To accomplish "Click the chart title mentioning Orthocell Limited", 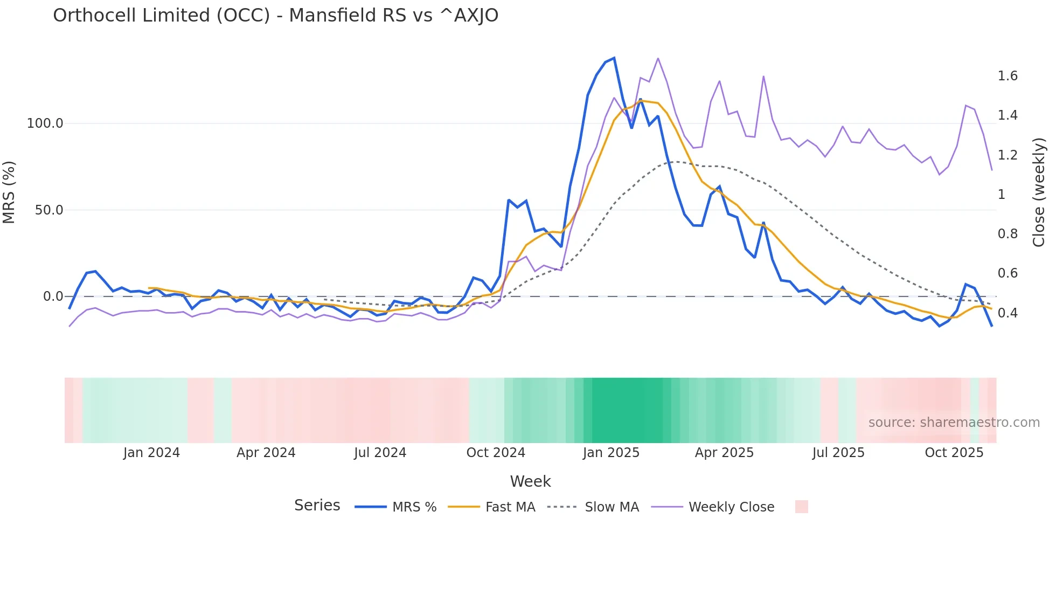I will (275, 16).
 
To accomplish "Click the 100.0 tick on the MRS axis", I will (45, 123).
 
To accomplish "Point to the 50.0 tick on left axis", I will (49, 210).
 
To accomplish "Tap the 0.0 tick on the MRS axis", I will (53, 296).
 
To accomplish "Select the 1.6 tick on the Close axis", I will (1007, 76).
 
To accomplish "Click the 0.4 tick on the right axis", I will (1007, 313).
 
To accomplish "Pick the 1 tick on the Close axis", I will (1002, 195).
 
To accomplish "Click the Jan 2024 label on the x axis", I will (151, 453).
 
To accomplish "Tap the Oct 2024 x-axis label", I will (496, 453).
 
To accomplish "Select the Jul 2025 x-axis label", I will (838, 453).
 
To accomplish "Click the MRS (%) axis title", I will (9, 192).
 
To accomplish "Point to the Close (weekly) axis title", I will (1039, 192).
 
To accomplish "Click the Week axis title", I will (530, 481).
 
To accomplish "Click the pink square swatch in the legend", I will (801, 507).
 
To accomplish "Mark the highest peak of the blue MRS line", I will (614, 58).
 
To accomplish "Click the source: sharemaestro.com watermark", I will (954, 423).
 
